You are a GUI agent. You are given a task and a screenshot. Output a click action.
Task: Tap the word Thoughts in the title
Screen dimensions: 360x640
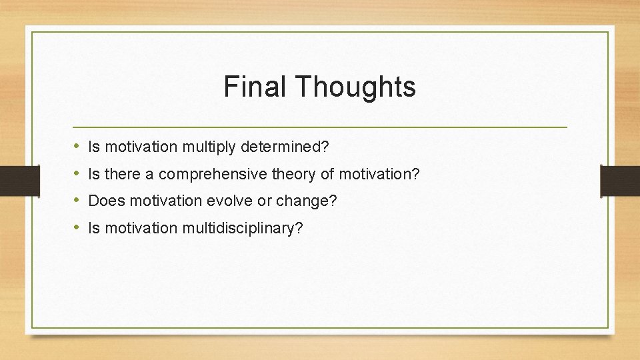pos(353,87)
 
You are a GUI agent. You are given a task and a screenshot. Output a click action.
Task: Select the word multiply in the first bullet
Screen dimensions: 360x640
pos(202,146)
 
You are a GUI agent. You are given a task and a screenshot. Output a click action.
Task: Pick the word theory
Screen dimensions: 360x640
pos(296,174)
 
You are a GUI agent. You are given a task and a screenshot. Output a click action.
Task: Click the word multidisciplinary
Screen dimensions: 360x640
pos(238,229)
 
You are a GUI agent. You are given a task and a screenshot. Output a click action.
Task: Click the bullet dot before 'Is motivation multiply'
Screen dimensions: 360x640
pos(77,145)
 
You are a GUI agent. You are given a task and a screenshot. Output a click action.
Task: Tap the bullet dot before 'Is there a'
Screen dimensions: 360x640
pos(77,173)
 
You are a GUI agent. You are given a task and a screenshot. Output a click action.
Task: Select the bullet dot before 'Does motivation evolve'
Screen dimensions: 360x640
pos(77,200)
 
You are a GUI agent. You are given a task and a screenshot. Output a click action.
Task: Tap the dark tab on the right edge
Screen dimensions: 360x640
pos(620,180)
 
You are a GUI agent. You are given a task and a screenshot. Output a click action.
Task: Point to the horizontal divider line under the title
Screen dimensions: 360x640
pos(320,127)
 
